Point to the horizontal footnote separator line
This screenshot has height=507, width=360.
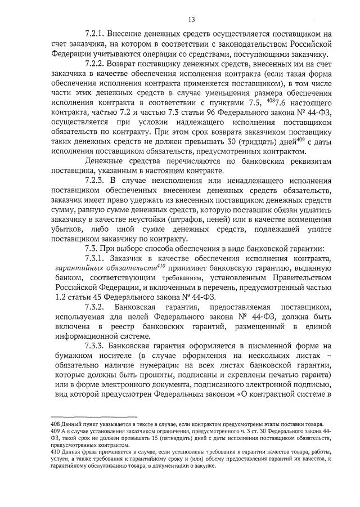[x=89, y=417]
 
